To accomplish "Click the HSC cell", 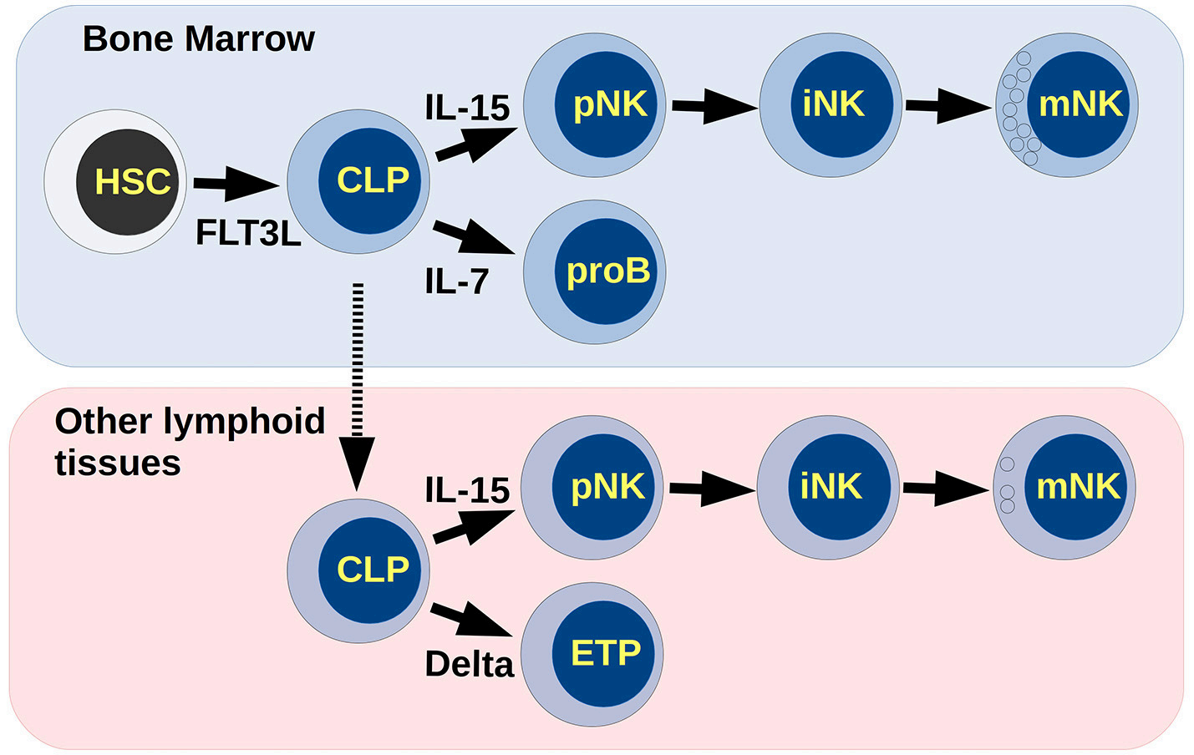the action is (x=115, y=182).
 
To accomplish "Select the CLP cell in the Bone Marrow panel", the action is (x=358, y=182).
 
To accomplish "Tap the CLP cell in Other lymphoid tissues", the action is (x=358, y=571).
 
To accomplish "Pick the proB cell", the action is (x=594, y=272).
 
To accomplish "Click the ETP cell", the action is (x=592, y=654).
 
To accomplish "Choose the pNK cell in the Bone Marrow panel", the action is (x=594, y=105).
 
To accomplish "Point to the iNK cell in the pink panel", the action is (x=828, y=488).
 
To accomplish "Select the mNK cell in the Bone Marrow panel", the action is (x=1067, y=105).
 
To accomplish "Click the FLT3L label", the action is (x=248, y=233).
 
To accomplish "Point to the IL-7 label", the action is (x=457, y=281).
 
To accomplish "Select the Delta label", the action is (x=469, y=664).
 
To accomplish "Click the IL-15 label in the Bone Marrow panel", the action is (x=467, y=108).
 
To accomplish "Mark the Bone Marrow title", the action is (x=199, y=39).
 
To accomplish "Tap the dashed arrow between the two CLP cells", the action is (x=357, y=388).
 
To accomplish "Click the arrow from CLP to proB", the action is (x=475, y=238).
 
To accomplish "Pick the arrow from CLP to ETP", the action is (x=472, y=621).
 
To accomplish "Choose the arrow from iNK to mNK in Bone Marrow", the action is (x=949, y=107).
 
